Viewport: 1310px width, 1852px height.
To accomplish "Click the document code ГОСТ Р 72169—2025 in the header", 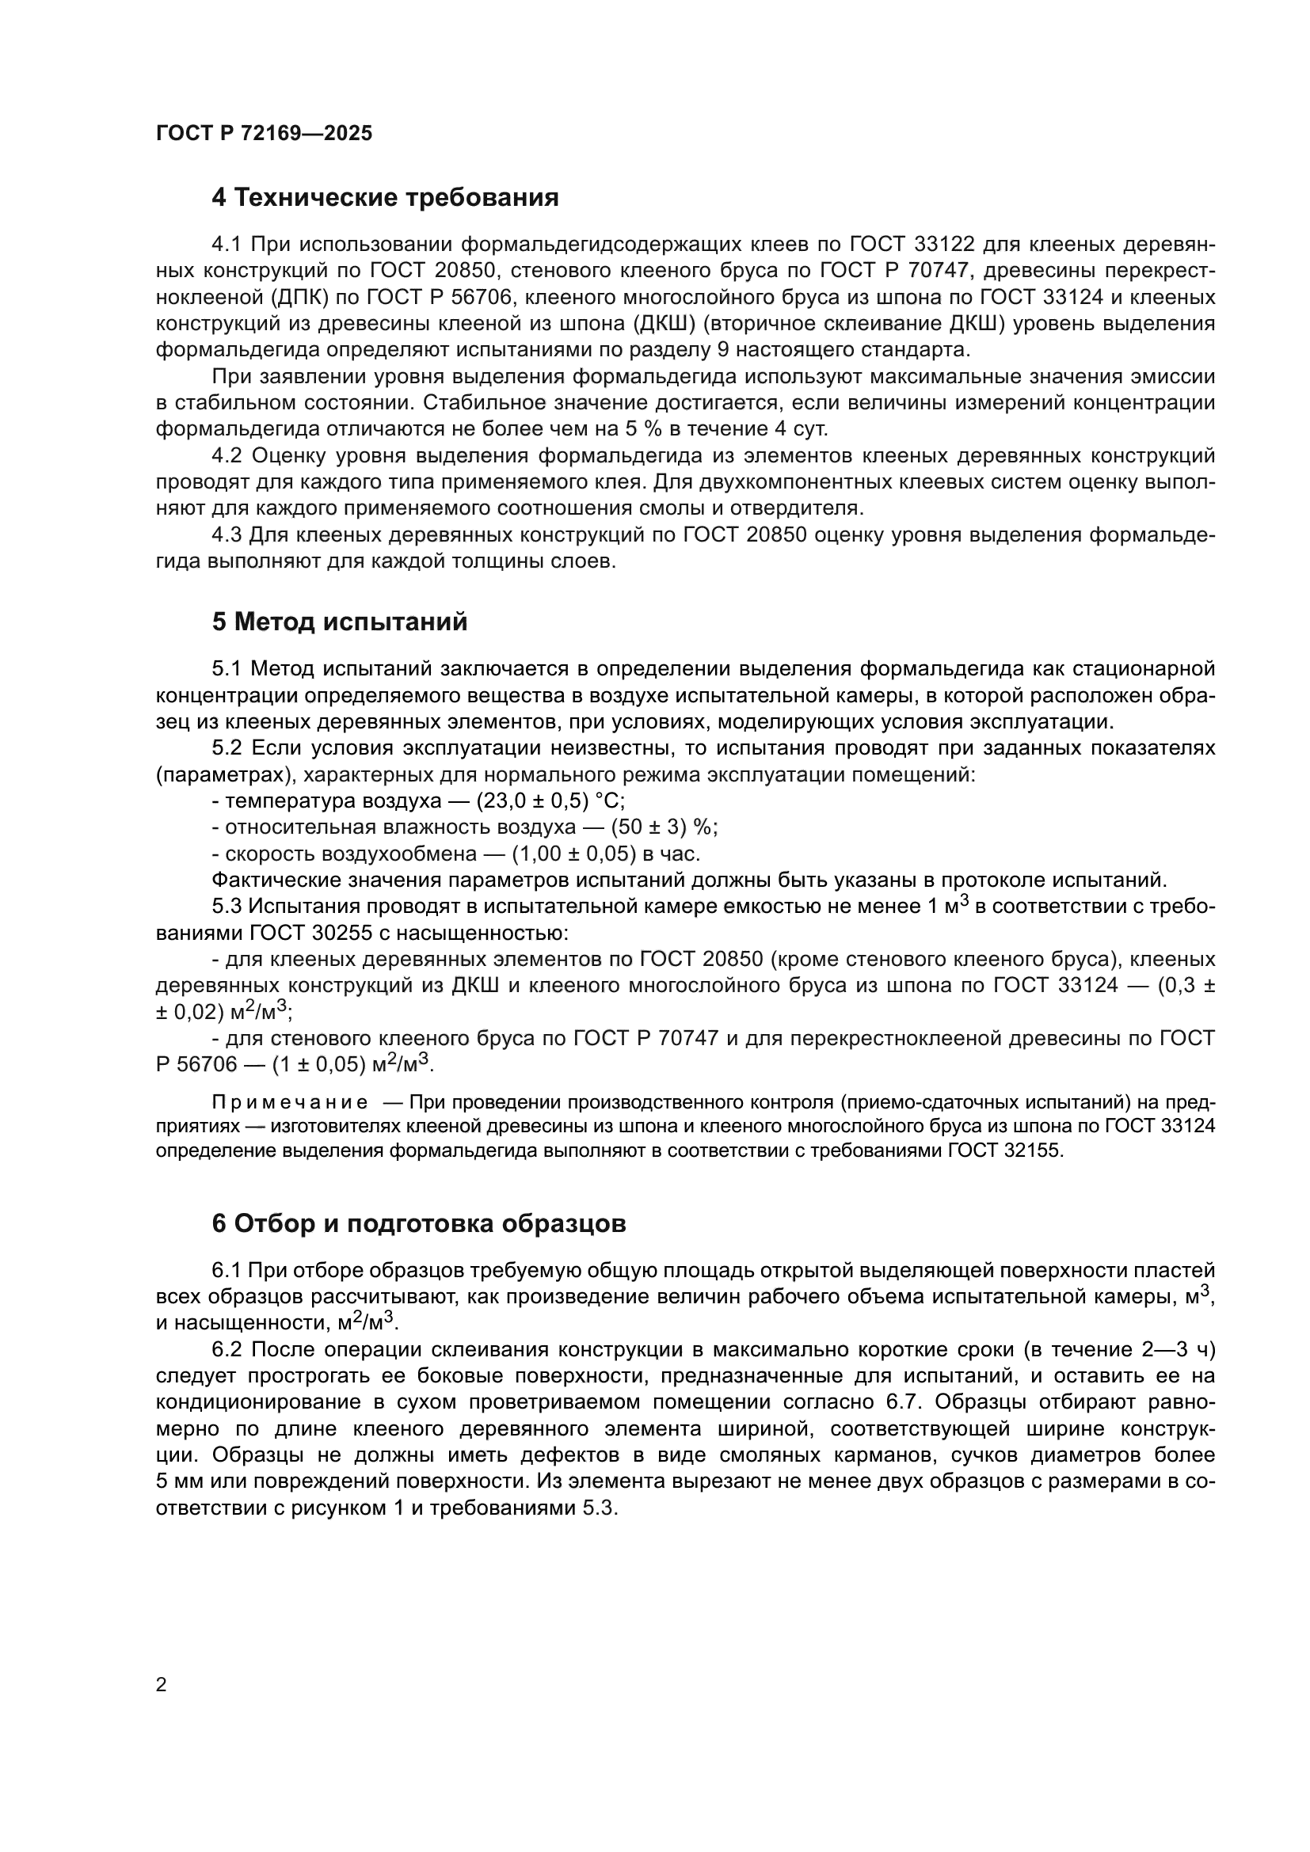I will tap(264, 134).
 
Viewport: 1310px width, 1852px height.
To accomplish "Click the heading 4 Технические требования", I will tap(385, 198).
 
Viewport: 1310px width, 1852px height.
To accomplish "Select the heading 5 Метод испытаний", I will tap(340, 622).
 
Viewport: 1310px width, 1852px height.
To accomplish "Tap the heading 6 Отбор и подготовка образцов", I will tap(419, 1223).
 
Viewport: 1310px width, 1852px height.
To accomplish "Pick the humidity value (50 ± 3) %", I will tap(664, 827).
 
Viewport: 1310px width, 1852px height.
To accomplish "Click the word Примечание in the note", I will tap(290, 1103).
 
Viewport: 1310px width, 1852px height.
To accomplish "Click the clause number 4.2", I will tap(227, 456).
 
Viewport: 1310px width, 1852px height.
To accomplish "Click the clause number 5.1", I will tap(227, 669).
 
